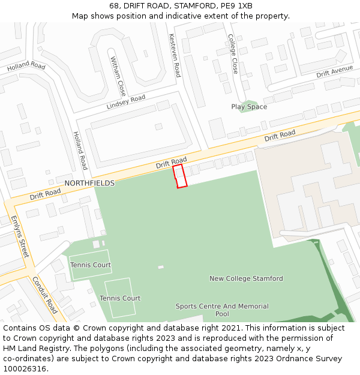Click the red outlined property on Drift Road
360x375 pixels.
tap(180, 176)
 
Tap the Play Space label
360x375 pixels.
tap(249, 107)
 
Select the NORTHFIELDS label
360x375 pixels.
tap(89, 183)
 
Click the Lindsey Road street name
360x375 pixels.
tap(126, 101)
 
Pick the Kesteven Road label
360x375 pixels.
tap(175, 55)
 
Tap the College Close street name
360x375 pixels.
tap(233, 54)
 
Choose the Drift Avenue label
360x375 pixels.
tap(334, 71)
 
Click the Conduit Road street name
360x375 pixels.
tap(45, 295)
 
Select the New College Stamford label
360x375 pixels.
tap(246, 278)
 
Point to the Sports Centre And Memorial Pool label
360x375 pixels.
tap(222, 310)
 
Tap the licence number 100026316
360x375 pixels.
tap(25, 369)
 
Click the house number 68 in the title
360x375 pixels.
tap(114, 6)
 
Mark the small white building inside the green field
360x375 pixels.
tap(160, 267)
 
